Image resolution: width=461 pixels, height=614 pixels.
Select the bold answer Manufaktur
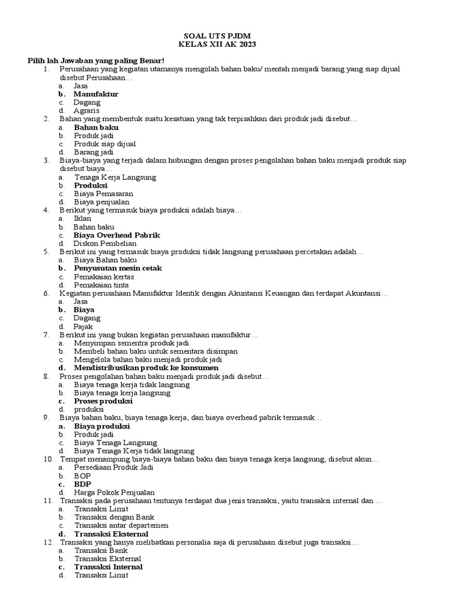95,94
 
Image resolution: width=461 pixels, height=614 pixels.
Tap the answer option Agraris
86,110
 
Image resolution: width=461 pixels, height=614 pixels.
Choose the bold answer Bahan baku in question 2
96,127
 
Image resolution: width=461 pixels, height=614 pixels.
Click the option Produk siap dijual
104,144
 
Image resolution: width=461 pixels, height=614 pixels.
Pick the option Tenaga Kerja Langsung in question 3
115,177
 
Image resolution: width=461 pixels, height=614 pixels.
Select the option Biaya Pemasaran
103,194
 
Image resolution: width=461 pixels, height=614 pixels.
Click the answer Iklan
82,219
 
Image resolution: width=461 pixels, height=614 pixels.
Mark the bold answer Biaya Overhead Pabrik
116,235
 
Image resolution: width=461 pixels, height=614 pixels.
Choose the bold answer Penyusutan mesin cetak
118,268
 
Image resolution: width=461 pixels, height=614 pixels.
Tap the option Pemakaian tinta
101,285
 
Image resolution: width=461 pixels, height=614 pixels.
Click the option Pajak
83,326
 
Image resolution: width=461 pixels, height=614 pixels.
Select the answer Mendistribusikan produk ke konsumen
146,368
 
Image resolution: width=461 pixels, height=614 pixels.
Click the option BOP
83,475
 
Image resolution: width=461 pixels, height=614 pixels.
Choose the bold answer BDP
83,484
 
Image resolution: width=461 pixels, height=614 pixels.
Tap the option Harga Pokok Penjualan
114,492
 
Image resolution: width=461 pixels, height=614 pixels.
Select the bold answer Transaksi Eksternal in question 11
111,534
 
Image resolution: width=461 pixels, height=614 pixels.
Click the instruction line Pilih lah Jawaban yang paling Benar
95,61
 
